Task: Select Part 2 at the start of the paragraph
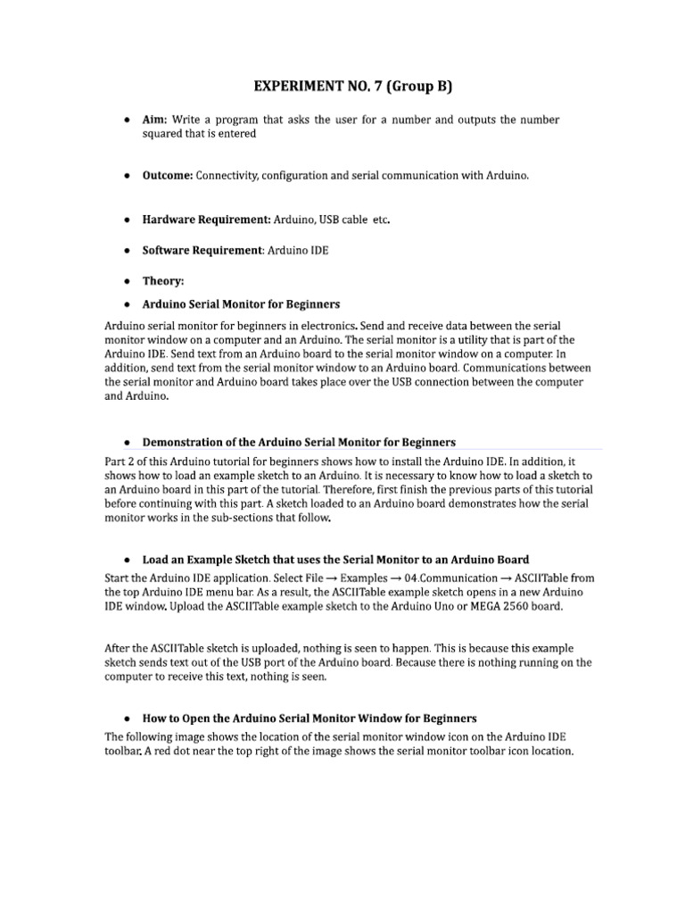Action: coord(120,461)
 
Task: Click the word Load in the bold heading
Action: coord(156,560)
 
